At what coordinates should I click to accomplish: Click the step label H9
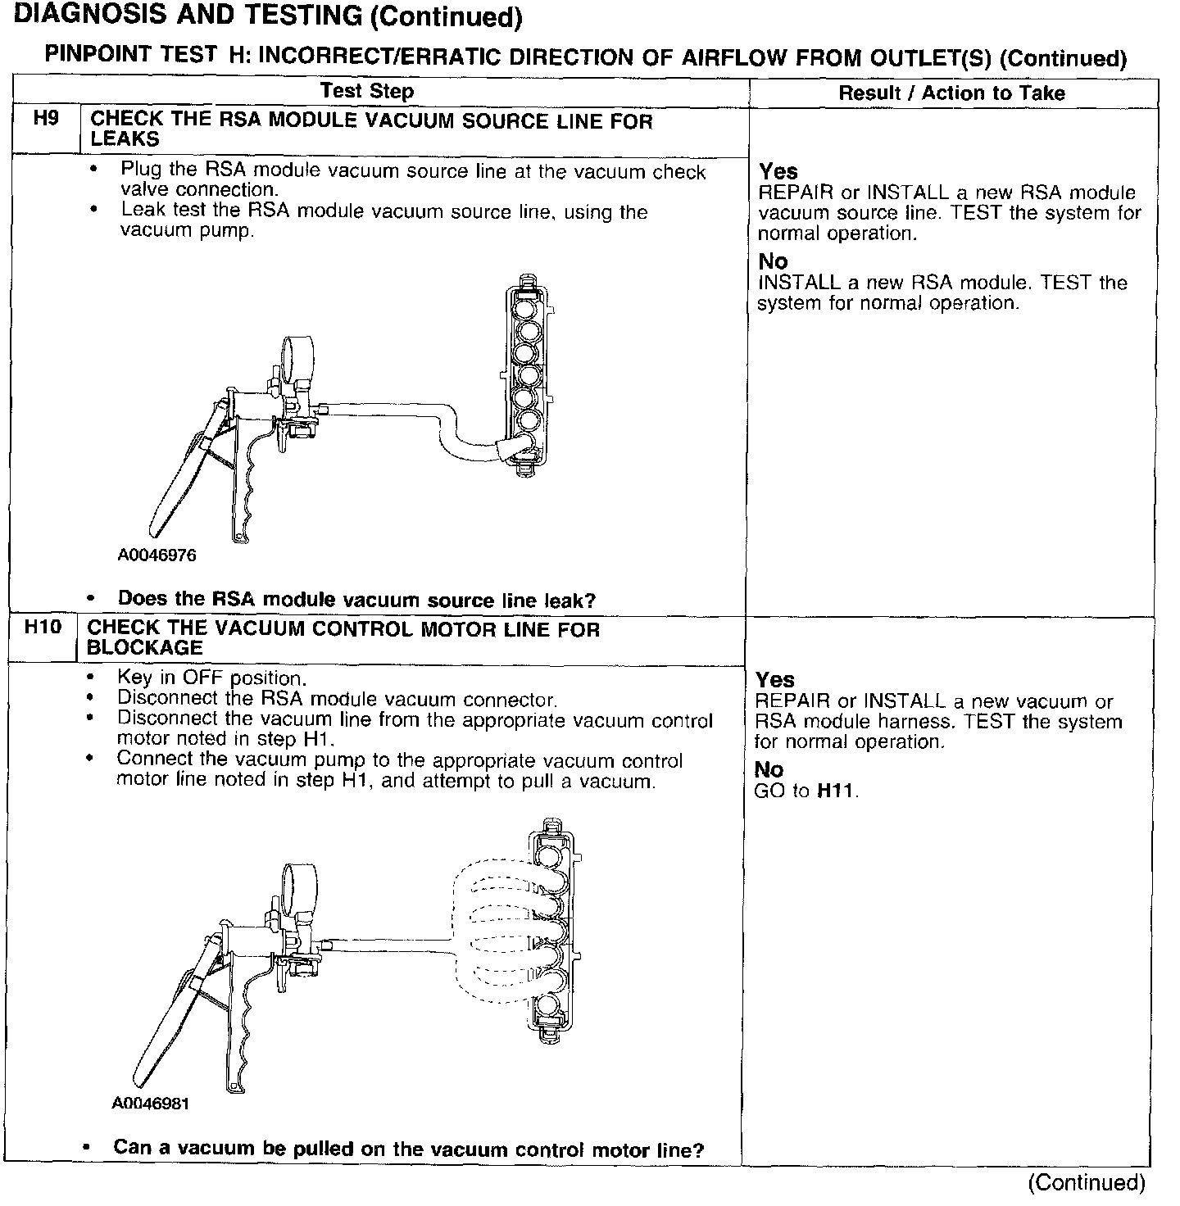pos(46,118)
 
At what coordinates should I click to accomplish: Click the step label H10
pos(43,628)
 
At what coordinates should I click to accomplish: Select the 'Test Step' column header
pos(367,91)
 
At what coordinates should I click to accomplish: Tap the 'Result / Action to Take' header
pos(951,93)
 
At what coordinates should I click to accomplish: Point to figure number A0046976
pos(157,555)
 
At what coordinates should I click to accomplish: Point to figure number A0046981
pos(151,1104)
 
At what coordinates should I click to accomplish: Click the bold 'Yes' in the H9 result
pos(778,171)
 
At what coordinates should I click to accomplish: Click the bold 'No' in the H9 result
pos(773,261)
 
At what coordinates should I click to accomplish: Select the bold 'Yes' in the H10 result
pos(774,680)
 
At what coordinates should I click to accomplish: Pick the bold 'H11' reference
pos(837,791)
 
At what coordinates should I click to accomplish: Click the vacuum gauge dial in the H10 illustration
pos(294,885)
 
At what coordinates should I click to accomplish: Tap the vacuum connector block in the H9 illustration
pos(527,381)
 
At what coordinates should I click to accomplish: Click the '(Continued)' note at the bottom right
pos(1086,1182)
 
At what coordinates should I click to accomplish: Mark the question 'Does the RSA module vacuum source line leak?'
pos(356,600)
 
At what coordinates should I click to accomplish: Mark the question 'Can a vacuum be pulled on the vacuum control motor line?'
pos(408,1149)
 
